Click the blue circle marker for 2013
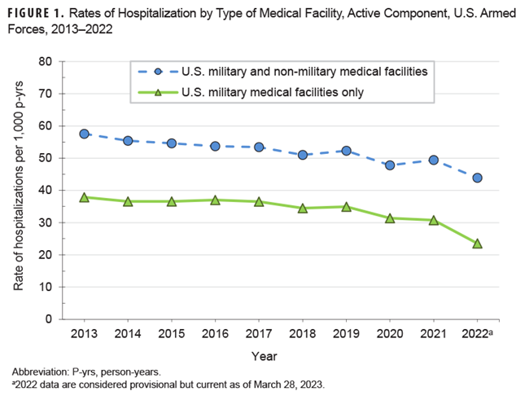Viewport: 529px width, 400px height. (x=84, y=134)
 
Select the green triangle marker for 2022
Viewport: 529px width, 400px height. (x=477, y=243)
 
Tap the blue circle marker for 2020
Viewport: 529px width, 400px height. (x=390, y=165)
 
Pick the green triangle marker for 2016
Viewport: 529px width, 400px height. (x=215, y=200)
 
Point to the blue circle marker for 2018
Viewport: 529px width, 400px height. (x=303, y=155)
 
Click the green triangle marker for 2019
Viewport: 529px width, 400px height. (x=346, y=207)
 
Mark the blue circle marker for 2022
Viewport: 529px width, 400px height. (x=477, y=178)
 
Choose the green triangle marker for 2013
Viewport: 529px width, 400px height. (x=84, y=197)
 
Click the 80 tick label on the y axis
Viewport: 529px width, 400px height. (x=45, y=62)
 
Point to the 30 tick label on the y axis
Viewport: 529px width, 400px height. (x=45, y=222)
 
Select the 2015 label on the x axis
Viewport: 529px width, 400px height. (x=171, y=335)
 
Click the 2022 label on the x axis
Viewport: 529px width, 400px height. (x=475, y=335)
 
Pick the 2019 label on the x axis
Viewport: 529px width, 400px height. (x=346, y=335)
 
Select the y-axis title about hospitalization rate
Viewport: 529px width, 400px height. (x=19, y=191)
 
